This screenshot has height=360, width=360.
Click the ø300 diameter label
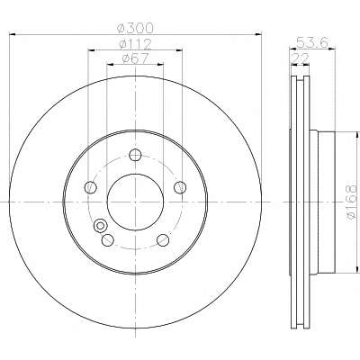pyautogui.click(x=135, y=28)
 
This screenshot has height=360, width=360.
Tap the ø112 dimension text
pyautogui.click(x=135, y=44)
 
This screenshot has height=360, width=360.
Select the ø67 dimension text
pyautogui.click(x=135, y=58)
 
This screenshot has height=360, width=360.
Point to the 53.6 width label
pyautogui.click(x=311, y=42)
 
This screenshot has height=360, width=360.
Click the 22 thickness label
pyautogui.click(x=301, y=58)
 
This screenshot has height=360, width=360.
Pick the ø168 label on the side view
pyautogui.click(x=352, y=202)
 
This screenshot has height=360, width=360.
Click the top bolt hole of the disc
pyautogui.click(x=135, y=155)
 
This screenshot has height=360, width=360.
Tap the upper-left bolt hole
pyautogui.click(x=91, y=187)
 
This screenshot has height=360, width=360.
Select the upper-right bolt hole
pyautogui.click(x=180, y=187)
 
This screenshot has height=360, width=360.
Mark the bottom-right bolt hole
pyautogui.click(x=163, y=240)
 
